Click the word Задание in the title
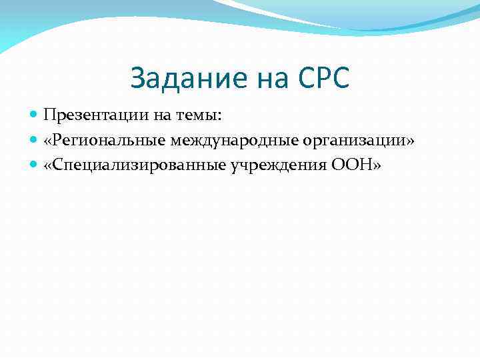(188, 79)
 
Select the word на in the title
(269, 79)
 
